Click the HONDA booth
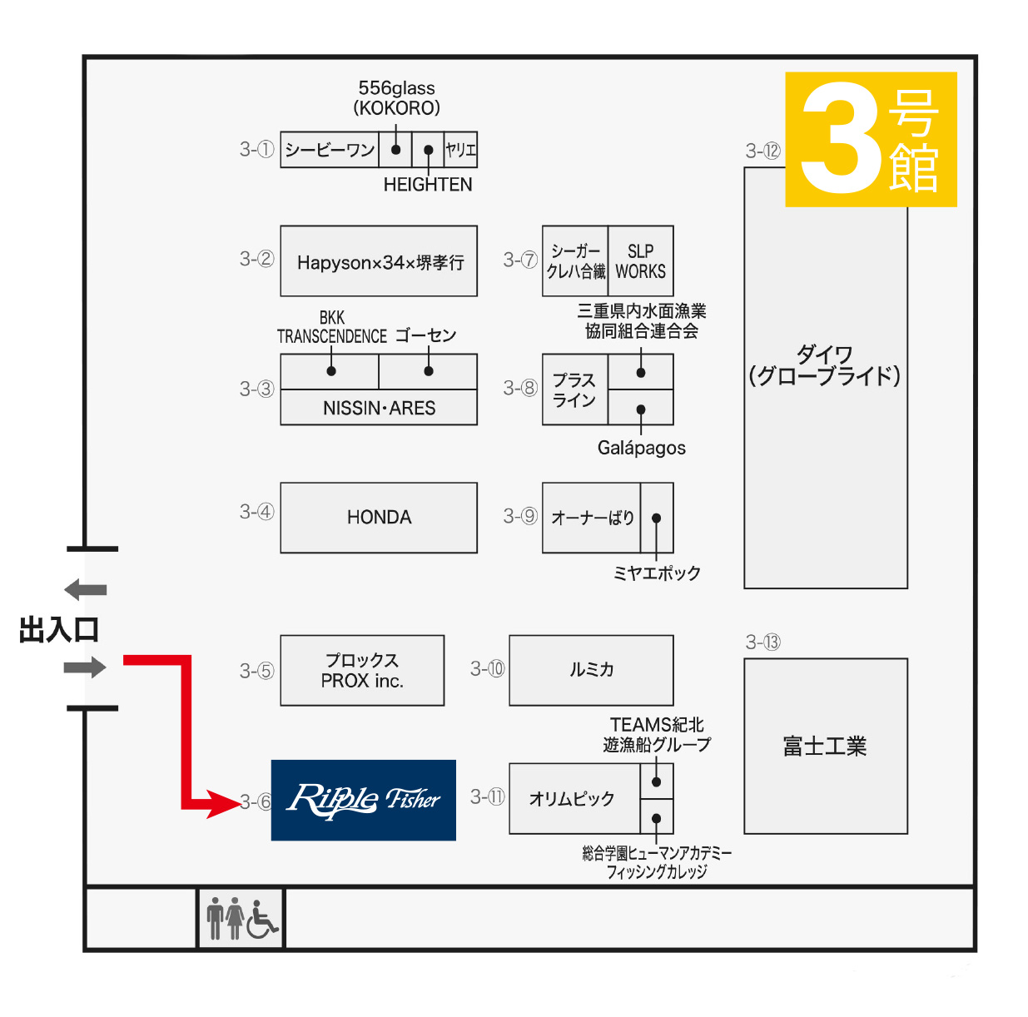379,518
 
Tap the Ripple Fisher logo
364,800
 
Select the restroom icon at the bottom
241,918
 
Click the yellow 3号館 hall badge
871,139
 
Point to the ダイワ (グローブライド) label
825,365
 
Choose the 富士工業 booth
825,746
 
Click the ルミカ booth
591,670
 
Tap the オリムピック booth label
573,799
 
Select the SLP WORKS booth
640,261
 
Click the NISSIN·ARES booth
379,408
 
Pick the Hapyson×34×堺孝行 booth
379,261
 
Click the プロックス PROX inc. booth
362,671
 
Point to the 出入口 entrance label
59,629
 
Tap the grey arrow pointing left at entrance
86,590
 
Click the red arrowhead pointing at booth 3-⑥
223,803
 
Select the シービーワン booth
330,150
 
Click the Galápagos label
641,448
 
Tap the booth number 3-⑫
762,151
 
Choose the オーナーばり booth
592,518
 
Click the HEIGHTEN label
427,185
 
